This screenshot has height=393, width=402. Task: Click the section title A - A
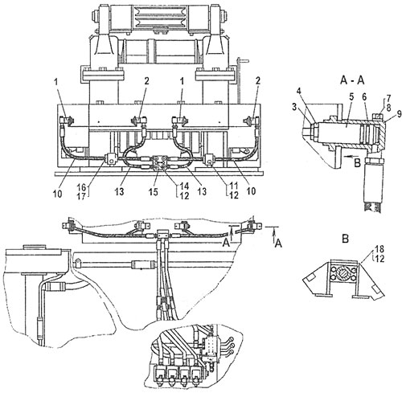(x=352, y=80)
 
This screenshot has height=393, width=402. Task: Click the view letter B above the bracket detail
(x=345, y=239)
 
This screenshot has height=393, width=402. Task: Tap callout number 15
(x=154, y=192)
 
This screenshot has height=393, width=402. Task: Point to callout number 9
(x=399, y=114)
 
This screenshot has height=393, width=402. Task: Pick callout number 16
(x=81, y=187)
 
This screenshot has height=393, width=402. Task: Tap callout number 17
(x=81, y=197)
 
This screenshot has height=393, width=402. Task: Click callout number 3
(x=294, y=107)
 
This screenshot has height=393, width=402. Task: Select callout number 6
(x=364, y=98)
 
